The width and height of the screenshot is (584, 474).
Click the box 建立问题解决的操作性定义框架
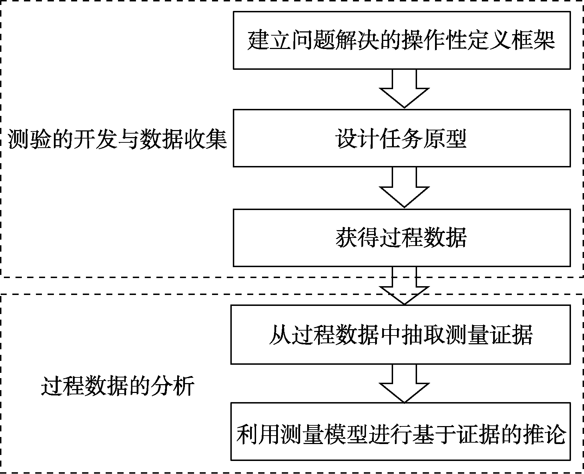[x=402, y=40]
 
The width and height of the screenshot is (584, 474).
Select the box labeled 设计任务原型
[x=402, y=138]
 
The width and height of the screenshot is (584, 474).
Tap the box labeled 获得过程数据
[x=402, y=238]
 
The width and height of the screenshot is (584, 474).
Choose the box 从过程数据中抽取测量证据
[x=400, y=334]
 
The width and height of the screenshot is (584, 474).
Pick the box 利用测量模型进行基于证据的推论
[x=400, y=432]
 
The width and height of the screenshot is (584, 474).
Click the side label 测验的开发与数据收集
[x=117, y=139]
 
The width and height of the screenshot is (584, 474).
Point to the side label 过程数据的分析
[x=117, y=387]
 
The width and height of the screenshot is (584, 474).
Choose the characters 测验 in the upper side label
[x=30, y=139]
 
